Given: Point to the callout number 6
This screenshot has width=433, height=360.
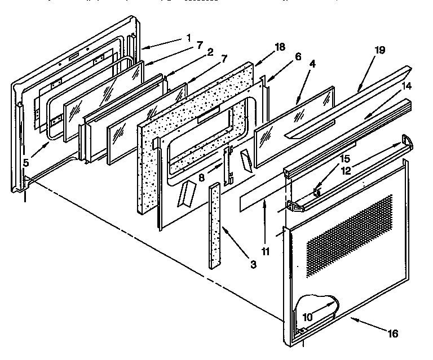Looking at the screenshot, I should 298,56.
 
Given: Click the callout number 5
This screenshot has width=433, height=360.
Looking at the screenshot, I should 26,162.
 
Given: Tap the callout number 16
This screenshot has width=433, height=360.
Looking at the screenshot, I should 392,334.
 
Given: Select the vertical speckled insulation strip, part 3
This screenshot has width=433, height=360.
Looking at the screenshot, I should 215,225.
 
